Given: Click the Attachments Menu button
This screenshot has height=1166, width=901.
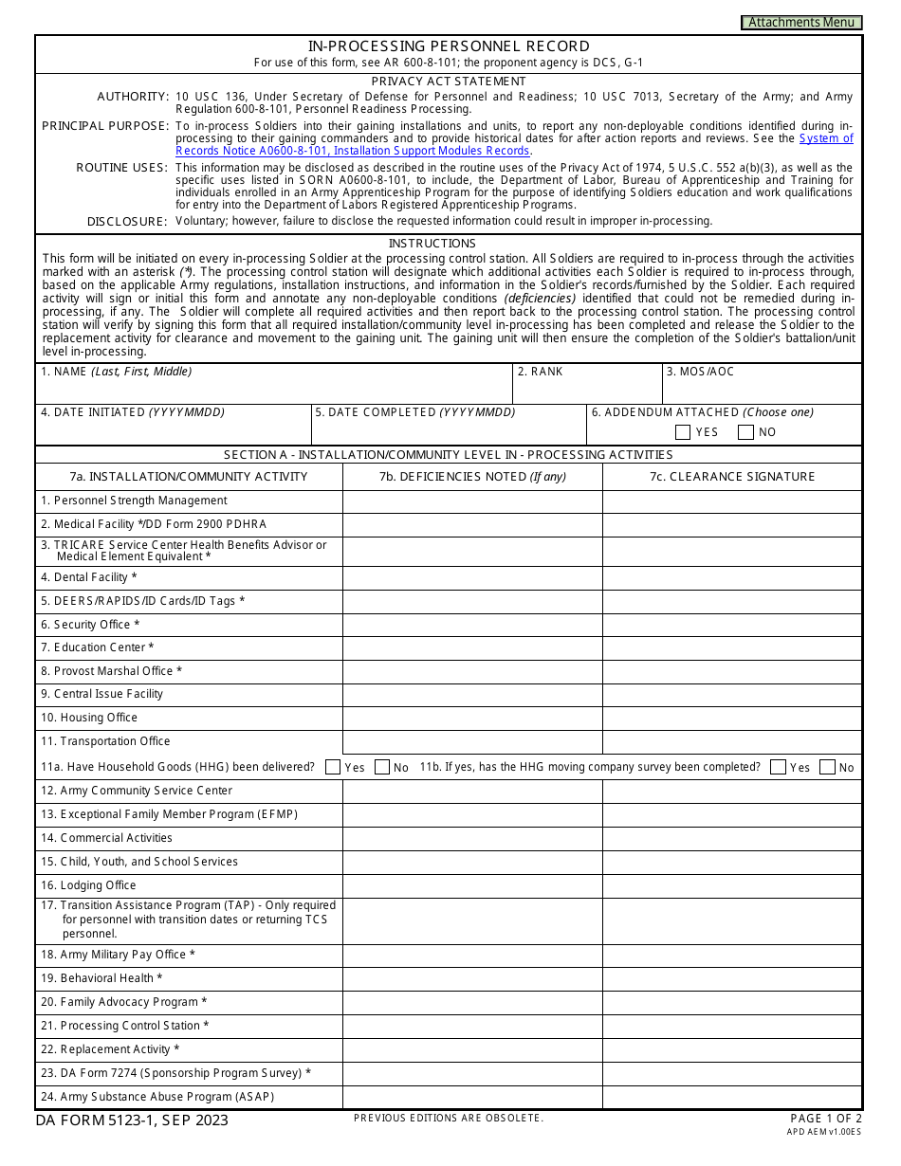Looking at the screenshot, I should point(801,23).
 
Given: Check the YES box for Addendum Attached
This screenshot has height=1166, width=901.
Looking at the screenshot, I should point(683,432).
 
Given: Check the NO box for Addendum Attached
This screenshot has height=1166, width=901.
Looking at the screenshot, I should point(745,432).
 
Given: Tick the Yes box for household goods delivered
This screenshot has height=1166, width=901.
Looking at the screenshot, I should point(333,767).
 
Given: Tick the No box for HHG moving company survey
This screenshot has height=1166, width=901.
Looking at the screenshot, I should point(827,767).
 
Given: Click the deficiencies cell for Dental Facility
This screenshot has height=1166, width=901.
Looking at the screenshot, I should point(472,577).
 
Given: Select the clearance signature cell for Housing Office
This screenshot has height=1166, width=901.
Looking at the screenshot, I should point(732,718).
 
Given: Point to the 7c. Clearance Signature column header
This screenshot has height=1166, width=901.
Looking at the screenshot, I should point(732,477).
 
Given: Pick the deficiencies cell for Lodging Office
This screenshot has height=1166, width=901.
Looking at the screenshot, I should point(472,885).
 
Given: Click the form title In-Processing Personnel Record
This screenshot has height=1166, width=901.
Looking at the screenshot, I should point(449,46).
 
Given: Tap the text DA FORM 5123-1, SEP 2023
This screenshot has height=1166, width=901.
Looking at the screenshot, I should point(132,1120).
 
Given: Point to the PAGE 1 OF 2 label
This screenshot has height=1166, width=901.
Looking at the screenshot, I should point(825,1119).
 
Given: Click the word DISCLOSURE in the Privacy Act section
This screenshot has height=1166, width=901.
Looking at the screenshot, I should point(127,221).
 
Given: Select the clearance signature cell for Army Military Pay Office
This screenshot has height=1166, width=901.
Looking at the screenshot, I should point(732,955).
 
